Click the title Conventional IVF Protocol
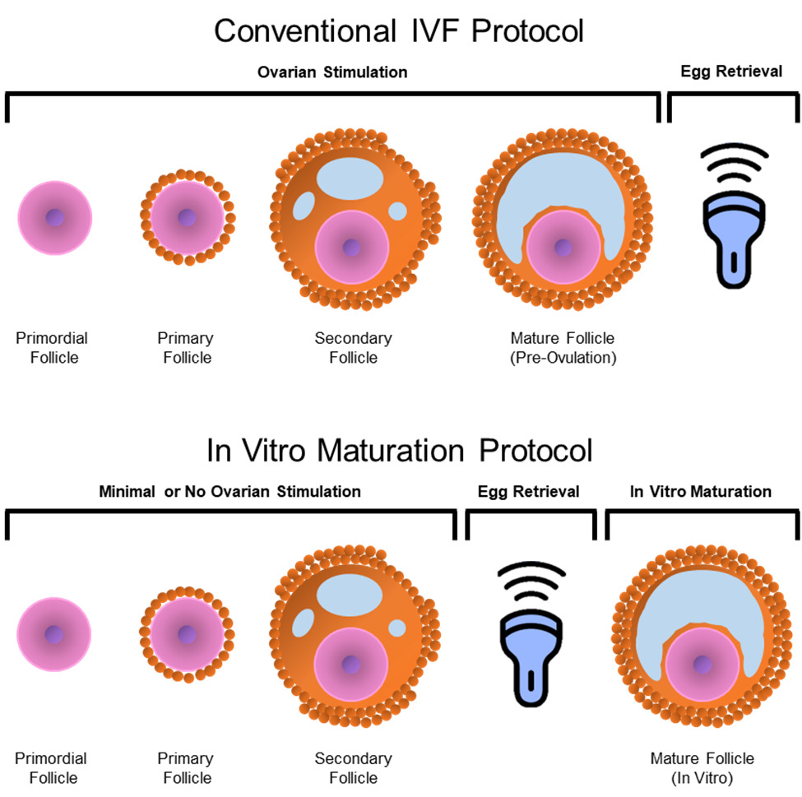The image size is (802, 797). [x=399, y=31]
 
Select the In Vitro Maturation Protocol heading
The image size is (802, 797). [x=399, y=451]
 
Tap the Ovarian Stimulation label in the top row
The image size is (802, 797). [x=331, y=72]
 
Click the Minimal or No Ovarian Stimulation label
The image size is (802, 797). [x=230, y=492]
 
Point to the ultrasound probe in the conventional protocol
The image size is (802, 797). [x=734, y=222]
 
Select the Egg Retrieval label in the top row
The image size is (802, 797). [x=731, y=72]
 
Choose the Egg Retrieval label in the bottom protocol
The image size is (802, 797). [x=528, y=492]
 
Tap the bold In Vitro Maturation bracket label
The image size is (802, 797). [x=701, y=492]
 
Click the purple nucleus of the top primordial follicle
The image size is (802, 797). [x=55, y=218]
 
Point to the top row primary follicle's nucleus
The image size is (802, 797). [x=187, y=218]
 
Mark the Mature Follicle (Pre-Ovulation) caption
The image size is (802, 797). [x=563, y=347]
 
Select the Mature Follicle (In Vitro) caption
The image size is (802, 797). [x=702, y=767]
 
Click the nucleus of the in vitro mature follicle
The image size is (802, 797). [x=702, y=664]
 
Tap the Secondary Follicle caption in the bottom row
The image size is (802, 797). [x=353, y=767]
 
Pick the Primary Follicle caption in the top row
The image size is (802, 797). [x=187, y=347]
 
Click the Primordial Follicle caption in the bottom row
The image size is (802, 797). [x=51, y=767]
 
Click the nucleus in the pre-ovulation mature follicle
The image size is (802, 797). [x=563, y=247]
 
